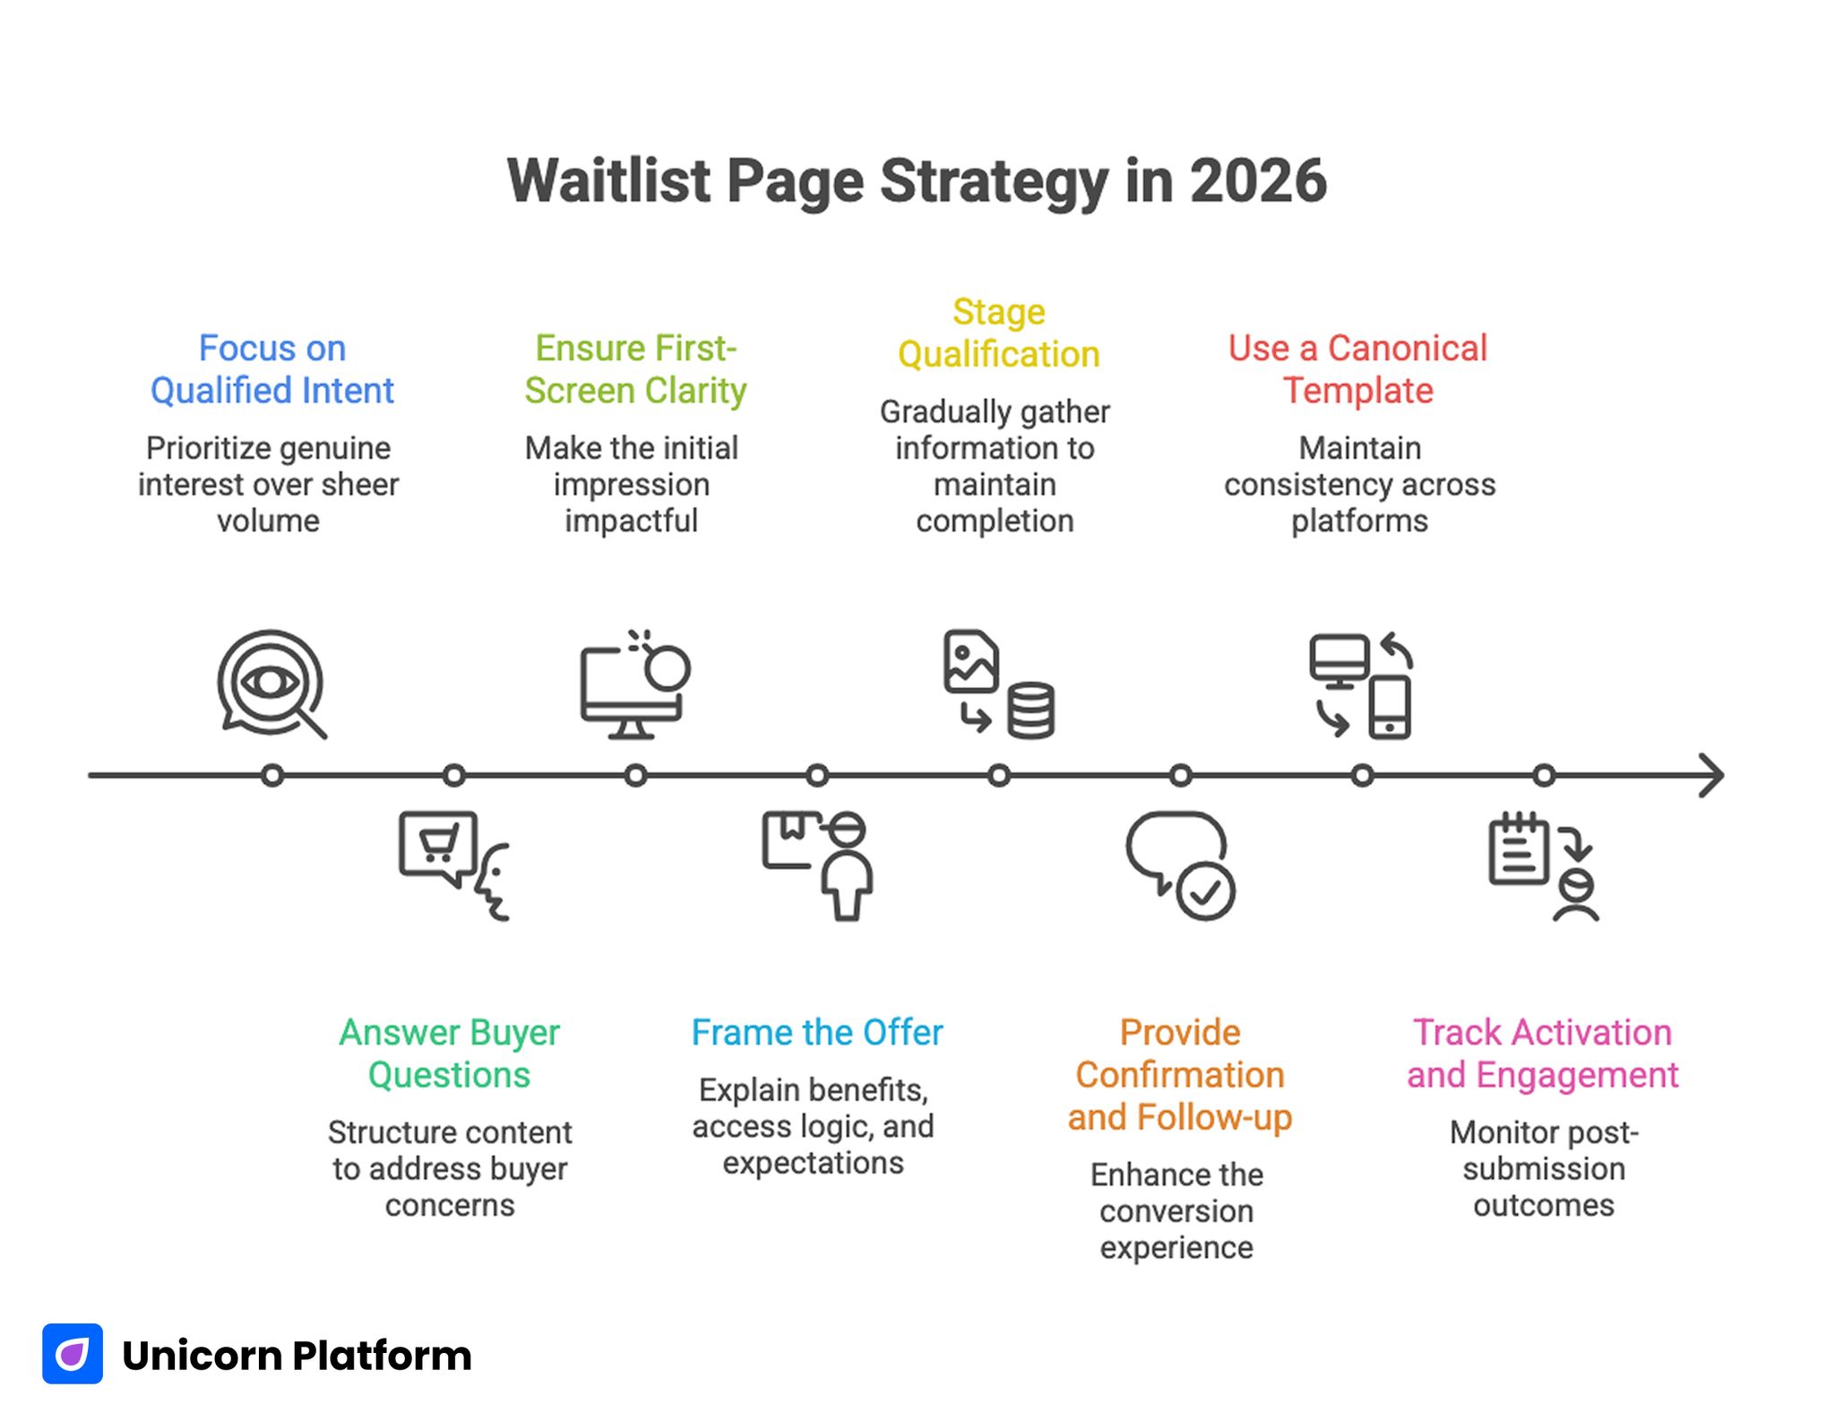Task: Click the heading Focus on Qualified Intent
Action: tap(271, 369)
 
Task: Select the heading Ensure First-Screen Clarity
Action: tap(634, 369)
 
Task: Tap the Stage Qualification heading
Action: tap(998, 333)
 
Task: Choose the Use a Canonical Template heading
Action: tap(1357, 369)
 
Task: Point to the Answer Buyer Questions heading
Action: tap(449, 1054)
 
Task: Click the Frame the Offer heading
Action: tap(816, 1032)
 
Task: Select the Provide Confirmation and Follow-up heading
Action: tap(1179, 1074)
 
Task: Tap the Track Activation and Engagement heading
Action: tap(1542, 1054)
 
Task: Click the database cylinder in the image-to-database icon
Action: tap(1030, 711)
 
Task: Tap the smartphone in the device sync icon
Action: tap(1389, 708)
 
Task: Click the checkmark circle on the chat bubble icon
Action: tap(1205, 892)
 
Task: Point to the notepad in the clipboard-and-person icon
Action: tap(1518, 851)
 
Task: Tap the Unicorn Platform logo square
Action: tap(73, 1354)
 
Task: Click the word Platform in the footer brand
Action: tap(383, 1356)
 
